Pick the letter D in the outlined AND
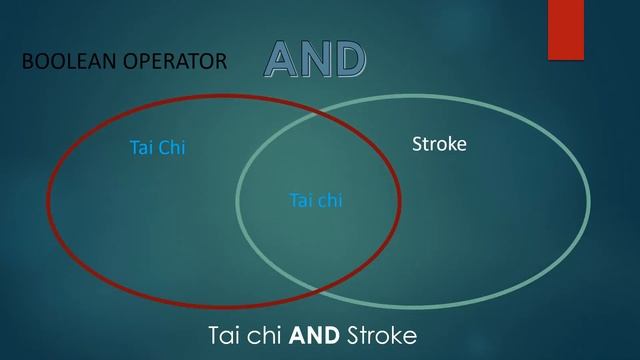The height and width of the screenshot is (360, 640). coord(349,61)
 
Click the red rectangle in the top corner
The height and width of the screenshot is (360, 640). coord(565,30)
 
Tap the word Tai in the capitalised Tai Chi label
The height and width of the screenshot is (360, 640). coord(142,148)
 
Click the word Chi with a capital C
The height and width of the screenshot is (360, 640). coord(172,148)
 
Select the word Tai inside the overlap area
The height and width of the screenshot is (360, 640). coord(301,200)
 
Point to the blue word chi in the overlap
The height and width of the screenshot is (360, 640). coord(329,200)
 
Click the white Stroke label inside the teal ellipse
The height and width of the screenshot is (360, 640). coord(439,145)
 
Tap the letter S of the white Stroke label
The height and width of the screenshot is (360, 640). coord(418,145)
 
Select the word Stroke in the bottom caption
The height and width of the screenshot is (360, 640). coord(381,334)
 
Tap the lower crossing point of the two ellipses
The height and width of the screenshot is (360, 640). coord(322,291)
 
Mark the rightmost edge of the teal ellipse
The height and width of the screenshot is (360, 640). coord(588,200)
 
